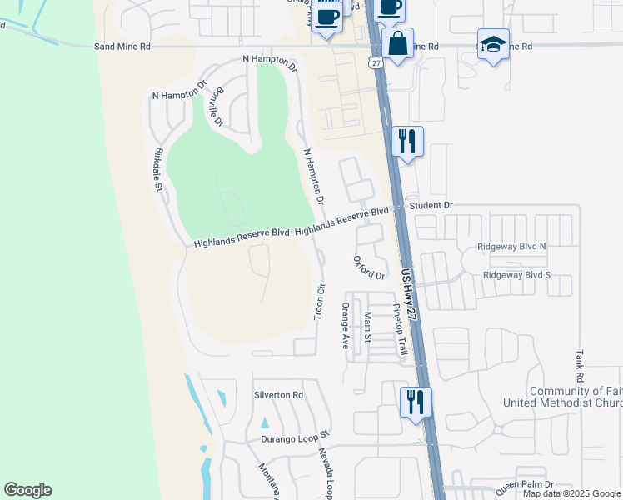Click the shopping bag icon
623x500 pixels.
[399, 43]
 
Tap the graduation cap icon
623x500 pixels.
[493, 45]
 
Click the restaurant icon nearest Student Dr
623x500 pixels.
[406, 141]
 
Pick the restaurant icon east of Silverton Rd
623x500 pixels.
[415, 402]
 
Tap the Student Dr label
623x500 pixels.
[431, 205]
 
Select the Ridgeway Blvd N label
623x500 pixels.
[511, 247]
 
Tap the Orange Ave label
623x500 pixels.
[344, 325]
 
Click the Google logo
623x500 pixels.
[27, 490]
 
